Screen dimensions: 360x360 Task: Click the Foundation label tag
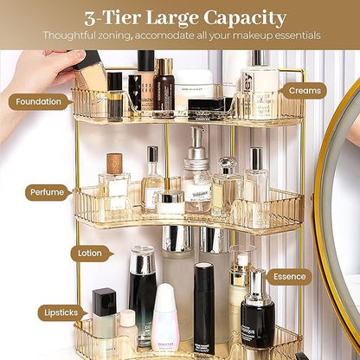click(x=38, y=101)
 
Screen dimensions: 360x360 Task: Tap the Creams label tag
click(x=305, y=90)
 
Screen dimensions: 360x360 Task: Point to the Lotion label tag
click(x=89, y=254)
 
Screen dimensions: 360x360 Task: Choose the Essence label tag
click(x=289, y=278)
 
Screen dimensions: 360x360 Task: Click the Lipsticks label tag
click(x=61, y=312)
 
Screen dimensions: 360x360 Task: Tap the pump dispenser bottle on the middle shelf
click(x=197, y=173)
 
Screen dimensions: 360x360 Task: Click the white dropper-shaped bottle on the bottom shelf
click(x=165, y=320)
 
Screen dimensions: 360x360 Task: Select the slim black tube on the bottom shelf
click(x=204, y=307)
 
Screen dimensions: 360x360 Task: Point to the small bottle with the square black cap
click(x=104, y=316)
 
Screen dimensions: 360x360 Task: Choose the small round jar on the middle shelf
click(x=170, y=202)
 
